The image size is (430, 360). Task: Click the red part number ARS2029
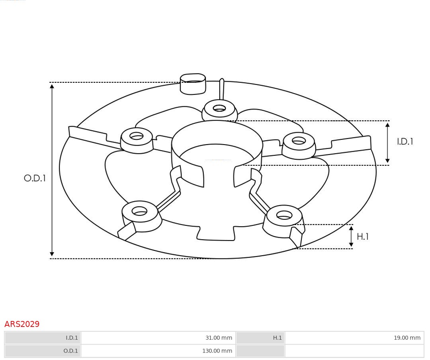[x=22, y=324]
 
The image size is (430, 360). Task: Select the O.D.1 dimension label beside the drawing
[x=35, y=178]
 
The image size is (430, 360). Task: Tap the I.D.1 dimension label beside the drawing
[x=405, y=142]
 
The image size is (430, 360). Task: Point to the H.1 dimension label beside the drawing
[x=362, y=237]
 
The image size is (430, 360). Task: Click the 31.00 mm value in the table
[x=219, y=338]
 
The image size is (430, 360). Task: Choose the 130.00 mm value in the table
[x=217, y=351]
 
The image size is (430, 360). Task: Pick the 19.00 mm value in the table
[x=407, y=338]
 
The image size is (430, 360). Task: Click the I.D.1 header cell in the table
[x=72, y=338]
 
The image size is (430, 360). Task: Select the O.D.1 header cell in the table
[x=70, y=351]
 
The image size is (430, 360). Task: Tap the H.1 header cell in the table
[x=277, y=338]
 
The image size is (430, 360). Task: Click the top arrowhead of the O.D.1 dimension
[x=52, y=86]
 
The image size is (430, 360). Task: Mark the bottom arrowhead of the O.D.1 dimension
[x=52, y=254]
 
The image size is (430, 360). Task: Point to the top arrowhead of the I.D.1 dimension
[x=387, y=125]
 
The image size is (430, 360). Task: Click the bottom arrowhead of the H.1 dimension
[x=351, y=245]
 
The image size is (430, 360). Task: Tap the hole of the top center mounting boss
[x=219, y=108]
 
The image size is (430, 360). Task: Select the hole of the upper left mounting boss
[x=137, y=136]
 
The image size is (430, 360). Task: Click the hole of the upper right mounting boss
[x=299, y=141]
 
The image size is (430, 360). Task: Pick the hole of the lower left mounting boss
[x=139, y=211]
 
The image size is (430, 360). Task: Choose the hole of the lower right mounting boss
[x=284, y=215]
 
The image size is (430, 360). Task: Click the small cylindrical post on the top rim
[x=193, y=84]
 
